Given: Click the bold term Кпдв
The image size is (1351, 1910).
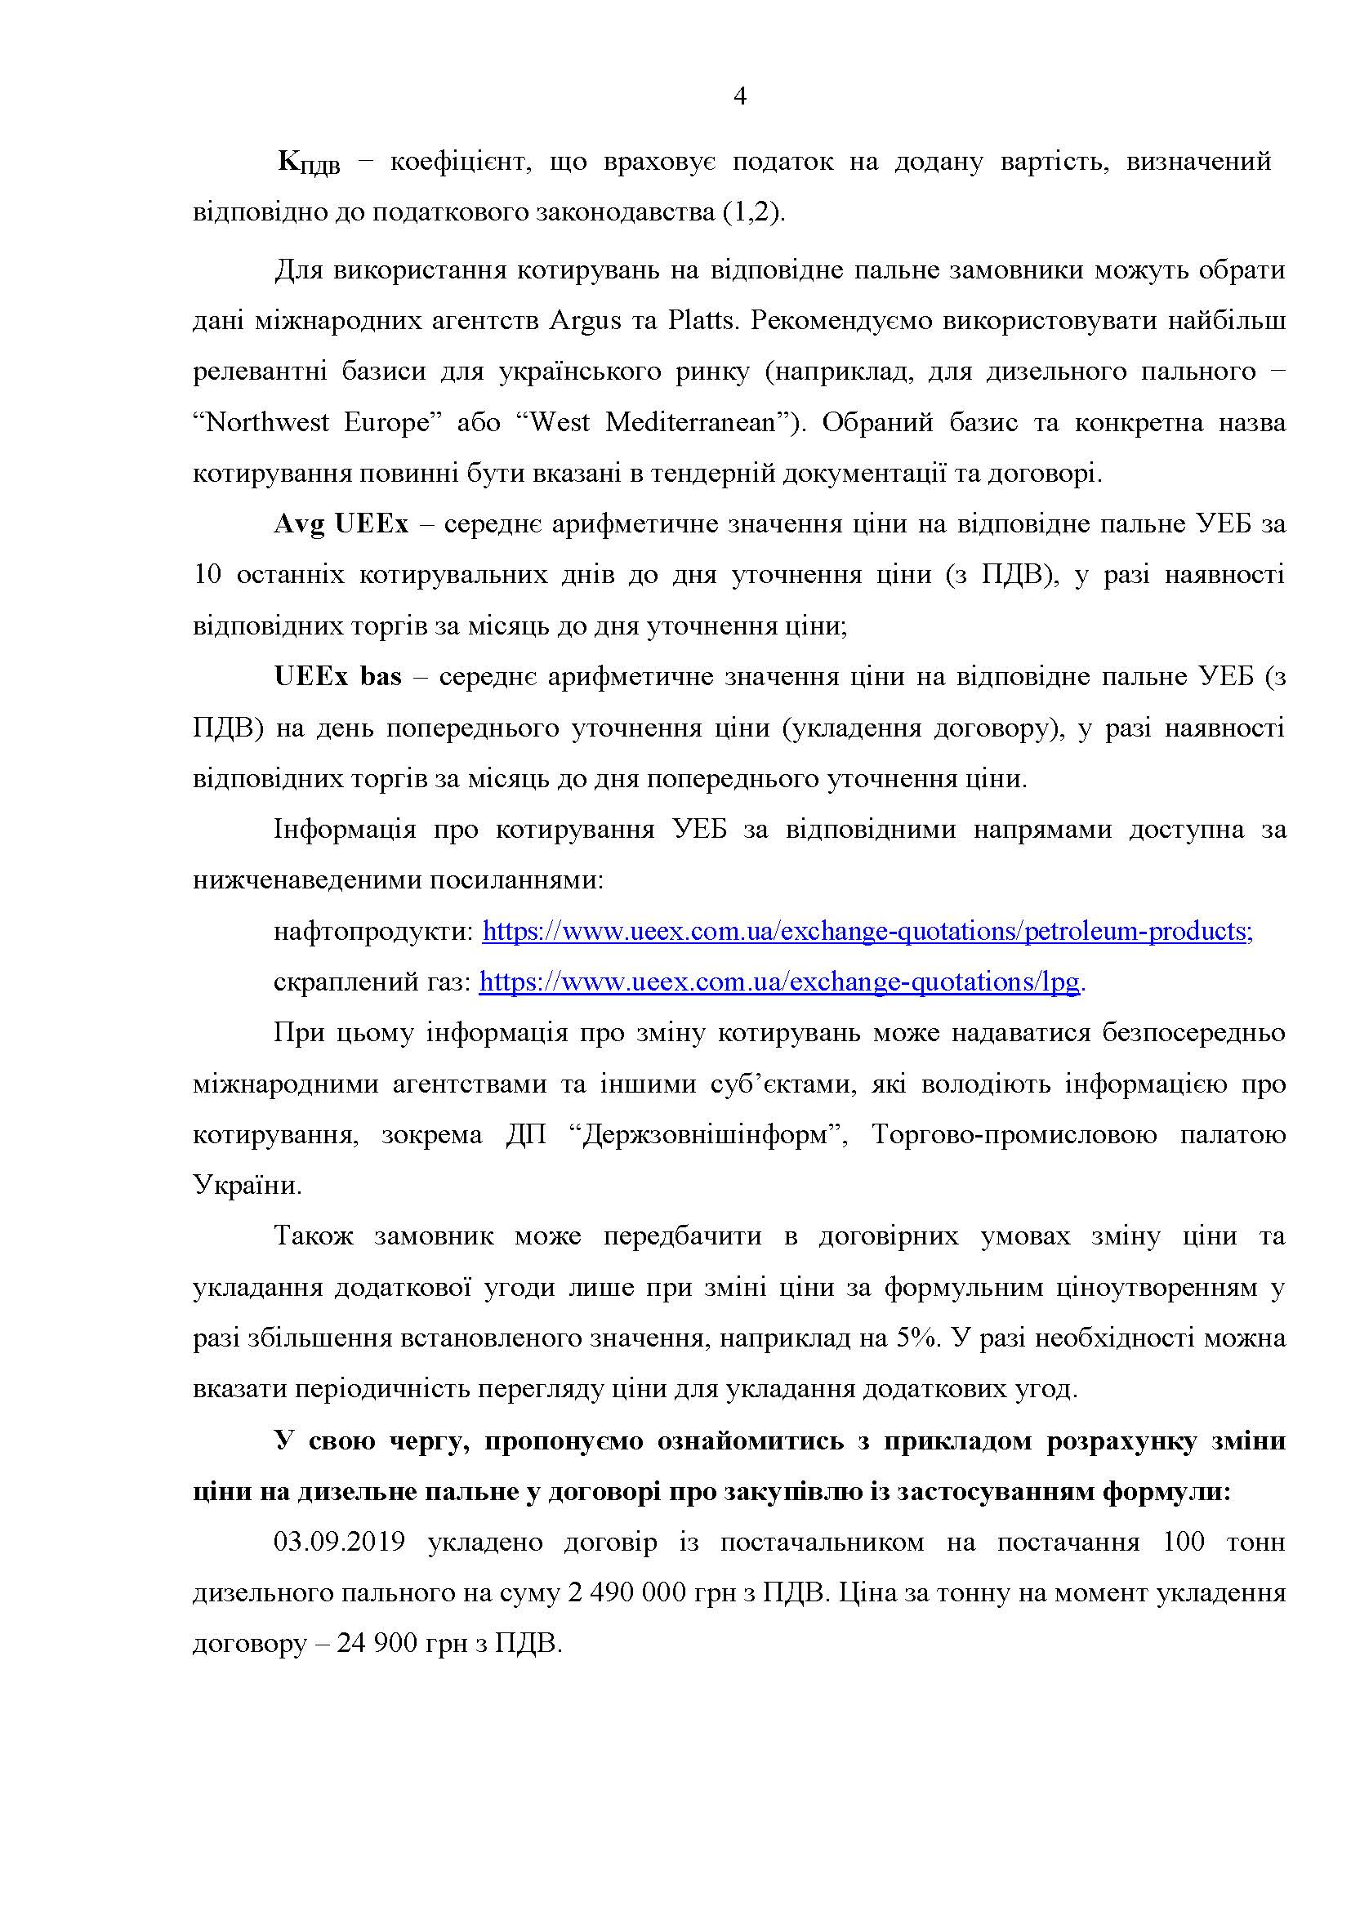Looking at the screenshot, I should pyautogui.click(x=309, y=164).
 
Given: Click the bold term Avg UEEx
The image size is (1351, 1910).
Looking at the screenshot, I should pyautogui.click(x=341, y=525).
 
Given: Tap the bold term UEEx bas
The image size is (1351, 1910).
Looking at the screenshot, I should pyautogui.click(x=338, y=677).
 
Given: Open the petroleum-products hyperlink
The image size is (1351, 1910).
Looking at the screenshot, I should pyautogui.click(x=867, y=932).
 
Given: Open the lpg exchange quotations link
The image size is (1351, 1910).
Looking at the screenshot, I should pyautogui.click(x=780, y=982).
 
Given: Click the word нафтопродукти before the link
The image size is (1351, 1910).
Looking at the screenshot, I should pyautogui.click(x=372, y=932).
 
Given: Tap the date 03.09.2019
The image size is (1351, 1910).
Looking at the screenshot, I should pyautogui.click(x=340, y=1543).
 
